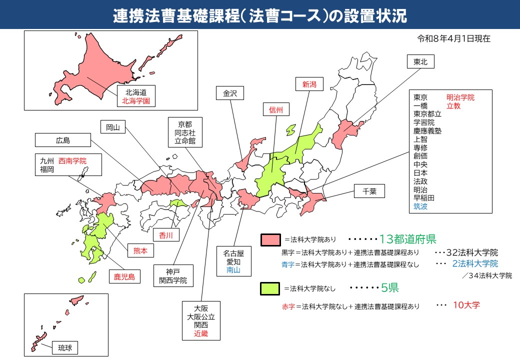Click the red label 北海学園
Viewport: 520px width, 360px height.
136,101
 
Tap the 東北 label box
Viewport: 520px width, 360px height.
420,62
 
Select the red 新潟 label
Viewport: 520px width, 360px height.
309,84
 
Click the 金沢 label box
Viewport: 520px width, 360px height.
229,93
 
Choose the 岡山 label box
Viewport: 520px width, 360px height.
113,127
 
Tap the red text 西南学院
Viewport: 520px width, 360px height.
72,161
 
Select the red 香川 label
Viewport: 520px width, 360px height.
165,234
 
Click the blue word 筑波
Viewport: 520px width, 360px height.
420,206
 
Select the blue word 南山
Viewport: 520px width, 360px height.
233,270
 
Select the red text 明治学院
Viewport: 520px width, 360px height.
460,97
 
